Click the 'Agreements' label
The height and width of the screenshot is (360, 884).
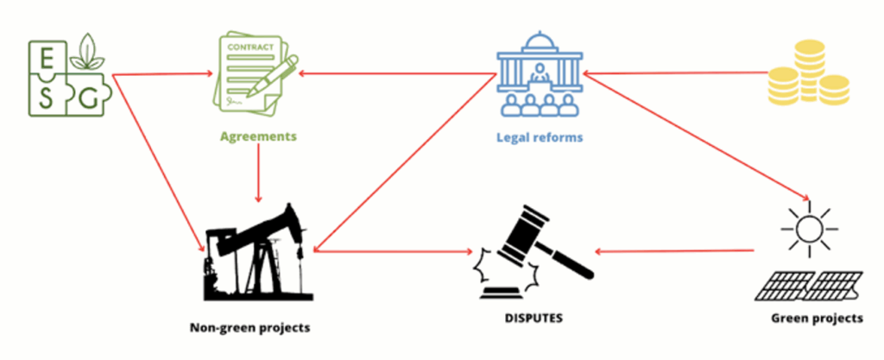click(258, 137)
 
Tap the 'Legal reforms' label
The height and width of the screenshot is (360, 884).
click(540, 137)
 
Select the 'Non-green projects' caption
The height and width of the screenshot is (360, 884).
click(249, 327)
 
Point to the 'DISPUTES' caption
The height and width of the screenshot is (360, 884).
click(534, 319)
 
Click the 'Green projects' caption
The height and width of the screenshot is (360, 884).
click(817, 319)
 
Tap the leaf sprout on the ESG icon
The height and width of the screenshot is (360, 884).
click(87, 51)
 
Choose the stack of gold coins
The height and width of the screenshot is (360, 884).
click(809, 73)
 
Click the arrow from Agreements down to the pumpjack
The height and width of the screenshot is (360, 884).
click(258, 173)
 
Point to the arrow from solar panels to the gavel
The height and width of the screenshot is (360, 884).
click(675, 251)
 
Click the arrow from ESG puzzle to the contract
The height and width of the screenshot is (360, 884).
click(163, 73)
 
